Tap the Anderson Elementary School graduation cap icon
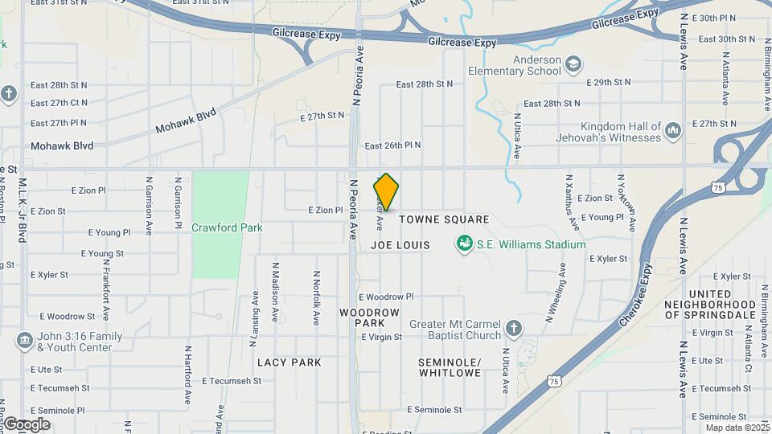pyautogui.click(x=573, y=64)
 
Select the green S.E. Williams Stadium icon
pyautogui.click(x=464, y=244)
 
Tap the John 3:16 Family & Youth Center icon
pyautogui.click(x=24, y=342)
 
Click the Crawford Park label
pyautogui.click(x=227, y=227)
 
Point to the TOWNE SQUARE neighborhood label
pyautogui.click(x=444, y=219)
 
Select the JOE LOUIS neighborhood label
pyautogui.click(x=401, y=244)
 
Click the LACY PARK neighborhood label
pyautogui.click(x=289, y=362)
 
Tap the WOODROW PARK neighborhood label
pyautogui.click(x=369, y=317)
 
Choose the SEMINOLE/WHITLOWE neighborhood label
pyautogui.click(x=449, y=367)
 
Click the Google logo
pyautogui.click(x=27, y=424)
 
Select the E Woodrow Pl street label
pyautogui.click(x=386, y=297)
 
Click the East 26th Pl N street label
pyautogui.click(x=392, y=145)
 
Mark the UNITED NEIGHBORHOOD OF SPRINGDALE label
pyautogui.click(x=710, y=305)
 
